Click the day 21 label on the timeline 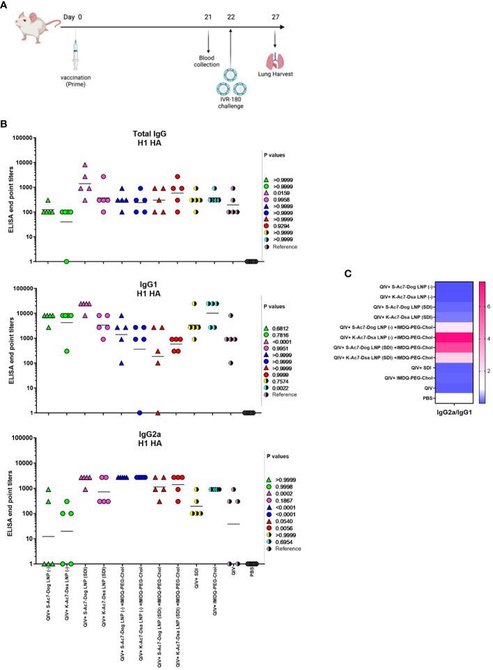pyautogui.click(x=208, y=16)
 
